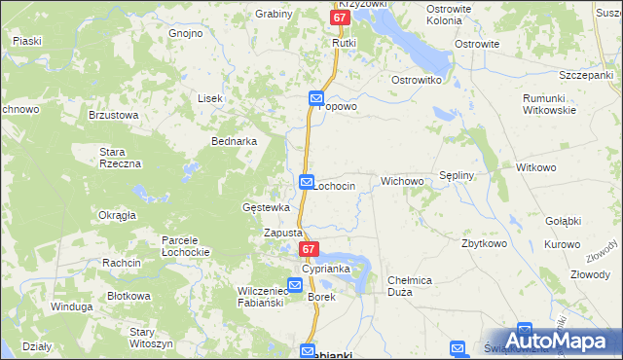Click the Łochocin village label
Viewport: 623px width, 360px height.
(334, 185)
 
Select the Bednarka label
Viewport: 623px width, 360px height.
(234, 141)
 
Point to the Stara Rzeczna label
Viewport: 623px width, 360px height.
(122, 157)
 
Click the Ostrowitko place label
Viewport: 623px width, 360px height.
(417, 79)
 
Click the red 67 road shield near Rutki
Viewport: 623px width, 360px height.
(339, 18)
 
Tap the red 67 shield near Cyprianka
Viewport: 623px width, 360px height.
(308, 250)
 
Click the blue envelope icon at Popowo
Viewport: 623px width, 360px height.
(316, 98)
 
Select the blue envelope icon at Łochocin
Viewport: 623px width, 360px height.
(307, 182)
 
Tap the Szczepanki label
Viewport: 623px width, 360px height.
(584, 75)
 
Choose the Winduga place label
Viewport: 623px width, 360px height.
(71, 306)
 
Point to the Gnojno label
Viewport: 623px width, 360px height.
(185, 33)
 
